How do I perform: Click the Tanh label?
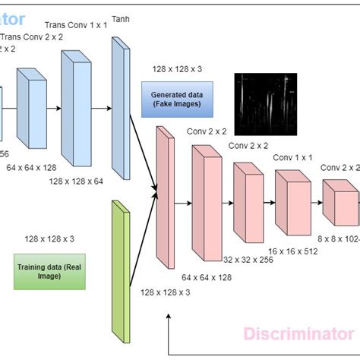tap(120, 17)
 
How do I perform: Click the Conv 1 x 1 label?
tap(294, 158)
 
